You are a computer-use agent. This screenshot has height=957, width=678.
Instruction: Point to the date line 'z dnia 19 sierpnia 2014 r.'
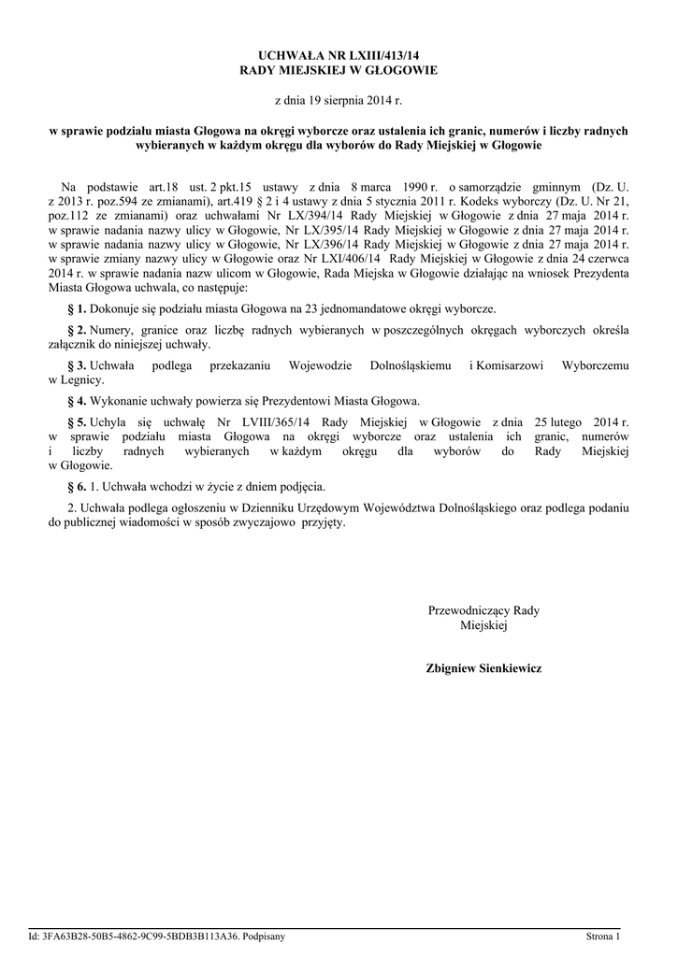338,98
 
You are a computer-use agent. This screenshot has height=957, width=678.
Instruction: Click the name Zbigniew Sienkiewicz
483,669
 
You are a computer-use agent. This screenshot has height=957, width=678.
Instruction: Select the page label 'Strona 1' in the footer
603,936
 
